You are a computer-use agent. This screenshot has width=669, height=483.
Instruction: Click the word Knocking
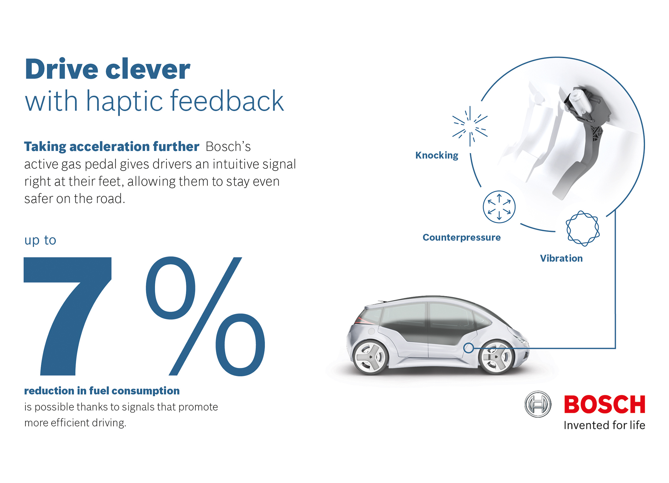point(436,155)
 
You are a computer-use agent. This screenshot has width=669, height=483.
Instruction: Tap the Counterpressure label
point(461,237)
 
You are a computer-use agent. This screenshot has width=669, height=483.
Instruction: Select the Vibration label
point(561,258)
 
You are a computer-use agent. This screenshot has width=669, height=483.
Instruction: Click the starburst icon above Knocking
point(470,126)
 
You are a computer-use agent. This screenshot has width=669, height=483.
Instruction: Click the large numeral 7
point(67,316)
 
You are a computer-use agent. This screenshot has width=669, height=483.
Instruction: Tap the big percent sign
point(205,316)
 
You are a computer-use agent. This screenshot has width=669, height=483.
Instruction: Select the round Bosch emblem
point(538,404)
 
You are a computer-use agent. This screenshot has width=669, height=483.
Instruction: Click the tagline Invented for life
point(604,425)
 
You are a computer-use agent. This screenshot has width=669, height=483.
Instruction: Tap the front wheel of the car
point(496,357)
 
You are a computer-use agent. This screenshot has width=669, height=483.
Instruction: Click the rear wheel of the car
point(370,357)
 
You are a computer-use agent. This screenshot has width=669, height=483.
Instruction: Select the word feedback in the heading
point(227,101)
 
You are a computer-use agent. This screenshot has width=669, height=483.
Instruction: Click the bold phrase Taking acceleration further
point(112,147)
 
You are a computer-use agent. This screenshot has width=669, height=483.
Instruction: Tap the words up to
point(40,240)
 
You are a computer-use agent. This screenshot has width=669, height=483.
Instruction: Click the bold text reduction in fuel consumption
point(102,390)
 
